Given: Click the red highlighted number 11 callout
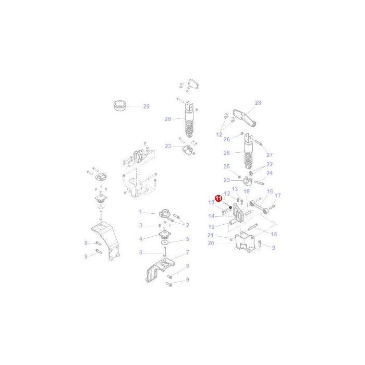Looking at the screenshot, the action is (x=218, y=198).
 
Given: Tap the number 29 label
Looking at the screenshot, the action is (x=146, y=106).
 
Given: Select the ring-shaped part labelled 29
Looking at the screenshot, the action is (x=119, y=106).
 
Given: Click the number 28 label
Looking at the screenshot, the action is (x=258, y=103).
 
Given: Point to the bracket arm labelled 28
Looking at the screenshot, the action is (x=245, y=118).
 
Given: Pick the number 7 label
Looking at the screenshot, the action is (x=187, y=252).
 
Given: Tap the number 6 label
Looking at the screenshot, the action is (x=140, y=252).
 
